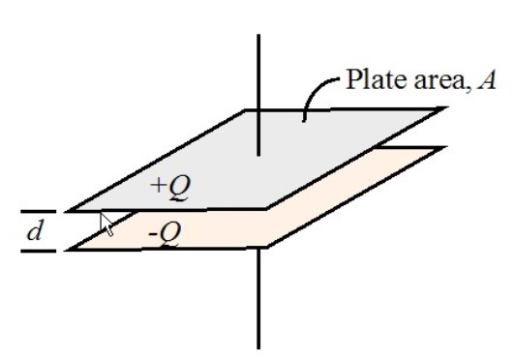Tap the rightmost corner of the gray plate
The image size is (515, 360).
[445, 108]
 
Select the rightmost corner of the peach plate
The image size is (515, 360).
[445, 147]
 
